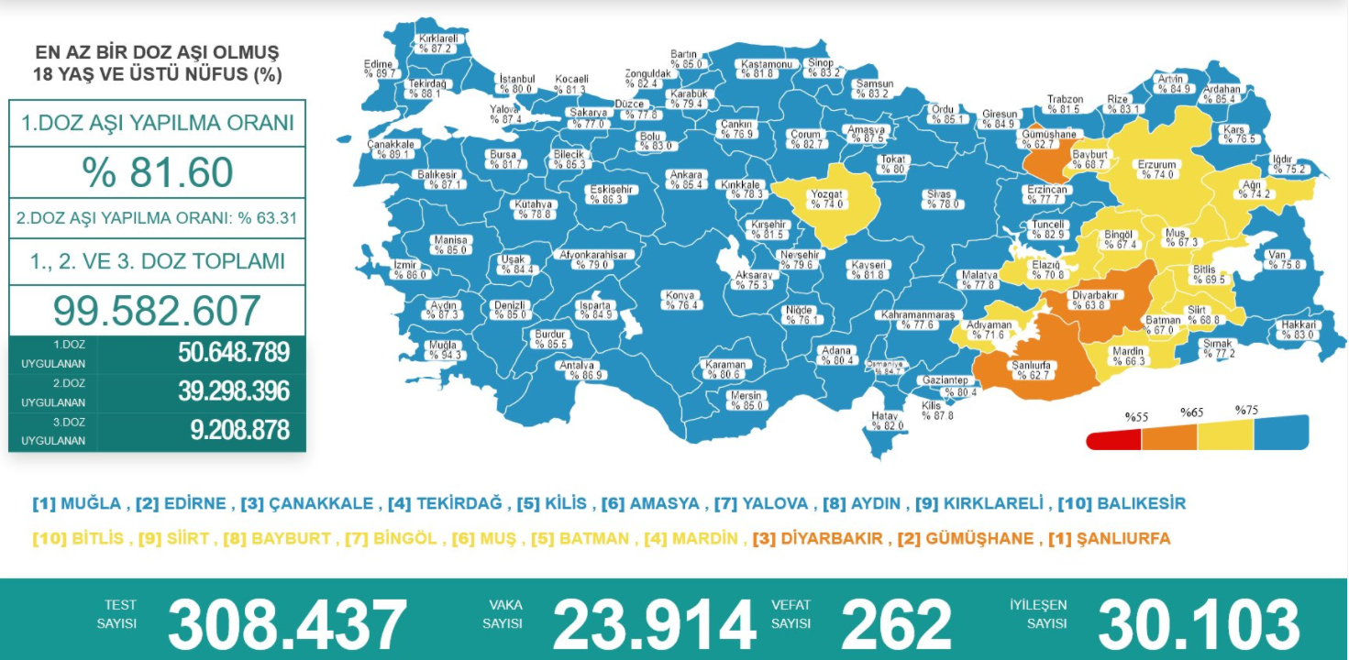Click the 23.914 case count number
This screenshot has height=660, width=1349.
point(654,625)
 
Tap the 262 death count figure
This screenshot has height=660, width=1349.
point(896,625)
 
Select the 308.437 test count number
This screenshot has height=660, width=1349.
point(287,625)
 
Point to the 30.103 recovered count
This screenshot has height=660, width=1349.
point(1198,625)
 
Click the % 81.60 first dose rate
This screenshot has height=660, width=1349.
point(157,172)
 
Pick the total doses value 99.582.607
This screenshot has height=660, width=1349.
point(157,312)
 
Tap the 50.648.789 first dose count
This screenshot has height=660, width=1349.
point(234,353)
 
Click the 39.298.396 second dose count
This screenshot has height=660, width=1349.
point(234,391)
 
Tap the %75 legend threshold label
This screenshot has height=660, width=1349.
point(1246,411)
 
